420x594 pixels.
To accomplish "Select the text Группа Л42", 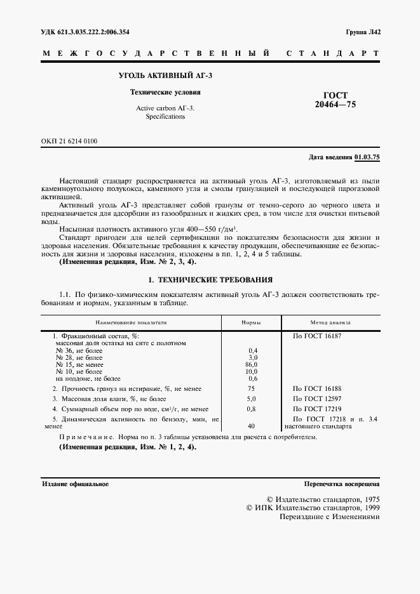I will pos(363,32).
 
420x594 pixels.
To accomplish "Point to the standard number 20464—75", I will pos(336,105).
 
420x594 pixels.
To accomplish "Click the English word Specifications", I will pos(165,117).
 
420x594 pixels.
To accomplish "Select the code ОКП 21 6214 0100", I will pos(70,141).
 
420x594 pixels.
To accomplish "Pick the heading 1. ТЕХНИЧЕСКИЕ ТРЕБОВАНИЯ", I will pos(210,279).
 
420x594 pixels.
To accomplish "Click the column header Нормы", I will pos(252,322).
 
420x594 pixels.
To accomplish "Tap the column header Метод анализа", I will pos(330,322).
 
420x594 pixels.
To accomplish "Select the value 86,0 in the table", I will pos(252,364).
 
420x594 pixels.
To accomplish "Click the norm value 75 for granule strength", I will pos(252,387).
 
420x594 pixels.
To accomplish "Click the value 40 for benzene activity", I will pos(252,426).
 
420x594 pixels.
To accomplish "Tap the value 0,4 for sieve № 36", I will pos(252,350).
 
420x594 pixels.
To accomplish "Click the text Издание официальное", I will pos(76,484).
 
